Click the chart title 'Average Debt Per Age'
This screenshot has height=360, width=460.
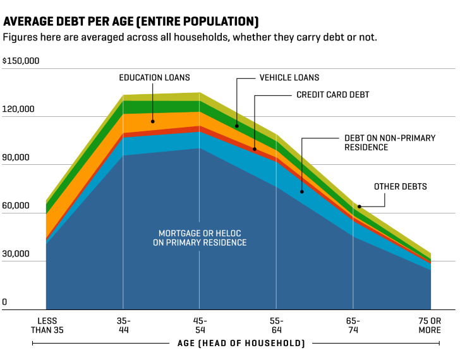click(x=131, y=21)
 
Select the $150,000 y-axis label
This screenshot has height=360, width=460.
click(x=21, y=61)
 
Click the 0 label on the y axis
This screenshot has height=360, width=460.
click(x=4, y=303)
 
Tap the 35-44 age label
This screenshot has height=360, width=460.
click(x=123, y=325)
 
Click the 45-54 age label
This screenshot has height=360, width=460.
click(x=200, y=325)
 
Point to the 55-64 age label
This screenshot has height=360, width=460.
click(x=277, y=325)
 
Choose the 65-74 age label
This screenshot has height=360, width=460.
click(x=353, y=325)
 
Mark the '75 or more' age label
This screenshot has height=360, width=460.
click(x=430, y=325)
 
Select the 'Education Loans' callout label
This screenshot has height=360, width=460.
click(x=154, y=78)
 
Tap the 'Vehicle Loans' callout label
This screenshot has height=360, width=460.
click(x=289, y=78)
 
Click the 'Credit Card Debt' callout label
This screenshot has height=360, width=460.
click(x=332, y=95)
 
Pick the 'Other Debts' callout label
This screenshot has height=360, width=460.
click(x=401, y=186)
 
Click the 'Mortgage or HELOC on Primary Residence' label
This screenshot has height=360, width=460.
click(x=200, y=237)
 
